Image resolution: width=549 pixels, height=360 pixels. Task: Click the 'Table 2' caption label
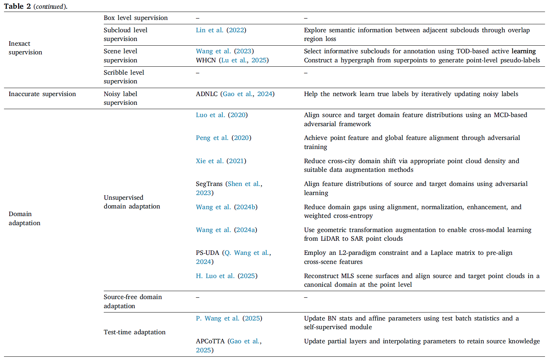coord(17,6)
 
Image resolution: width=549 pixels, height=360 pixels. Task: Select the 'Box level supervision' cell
coord(135,18)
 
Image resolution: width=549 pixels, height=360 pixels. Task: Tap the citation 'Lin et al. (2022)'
coord(221,30)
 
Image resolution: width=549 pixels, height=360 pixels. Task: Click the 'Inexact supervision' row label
coord(25,48)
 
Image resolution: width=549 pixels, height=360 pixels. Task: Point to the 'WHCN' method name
coord(206,60)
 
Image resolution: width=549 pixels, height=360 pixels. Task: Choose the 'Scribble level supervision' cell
coord(124,77)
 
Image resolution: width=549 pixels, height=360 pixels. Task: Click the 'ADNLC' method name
coord(206,94)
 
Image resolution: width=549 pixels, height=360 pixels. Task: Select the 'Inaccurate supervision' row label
coord(42,94)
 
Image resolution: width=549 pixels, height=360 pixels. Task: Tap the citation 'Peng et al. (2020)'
coord(223,138)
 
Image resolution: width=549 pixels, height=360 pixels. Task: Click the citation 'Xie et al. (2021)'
coord(221,161)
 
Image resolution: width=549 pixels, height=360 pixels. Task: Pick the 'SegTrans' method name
coord(209,184)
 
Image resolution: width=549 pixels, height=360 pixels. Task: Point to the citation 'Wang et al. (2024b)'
coord(226,207)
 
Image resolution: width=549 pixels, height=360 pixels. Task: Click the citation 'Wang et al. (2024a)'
coord(226,230)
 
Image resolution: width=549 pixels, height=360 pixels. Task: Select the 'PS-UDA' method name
coord(207,253)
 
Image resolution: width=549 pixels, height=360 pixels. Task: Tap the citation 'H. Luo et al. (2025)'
coord(226,276)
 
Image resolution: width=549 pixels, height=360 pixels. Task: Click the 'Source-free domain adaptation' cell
coord(132,301)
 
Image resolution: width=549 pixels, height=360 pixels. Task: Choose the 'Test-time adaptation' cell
coord(134,332)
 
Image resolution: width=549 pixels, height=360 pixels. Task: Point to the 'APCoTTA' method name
coord(210,341)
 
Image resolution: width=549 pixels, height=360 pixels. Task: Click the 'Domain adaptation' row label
coord(24,218)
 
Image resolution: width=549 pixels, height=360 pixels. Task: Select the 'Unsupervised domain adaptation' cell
coord(132,202)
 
